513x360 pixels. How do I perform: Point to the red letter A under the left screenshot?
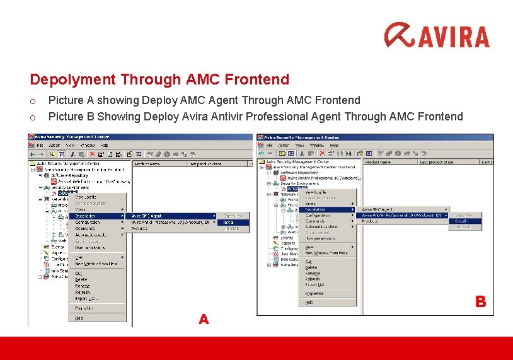click(x=204, y=320)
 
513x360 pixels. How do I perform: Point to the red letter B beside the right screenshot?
click(x=480, y=302)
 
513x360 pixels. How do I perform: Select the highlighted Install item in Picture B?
click(x=461, y=221)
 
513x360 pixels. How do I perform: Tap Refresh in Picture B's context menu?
click(x=312, y=279)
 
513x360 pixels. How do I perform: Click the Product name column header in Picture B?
click(x=379, y=162)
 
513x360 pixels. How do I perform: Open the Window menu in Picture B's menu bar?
click(x=316, y=145)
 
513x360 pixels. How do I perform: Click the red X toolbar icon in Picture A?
click(x=92, y=153)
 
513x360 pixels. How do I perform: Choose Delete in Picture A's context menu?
click(x=81, y=279)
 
